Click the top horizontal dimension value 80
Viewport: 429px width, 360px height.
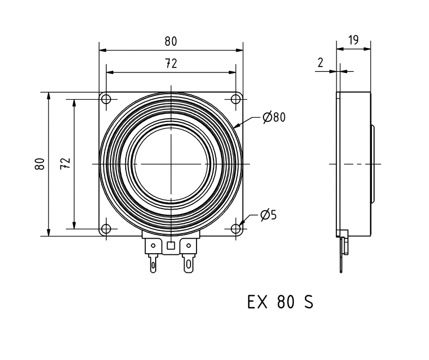(171, 41)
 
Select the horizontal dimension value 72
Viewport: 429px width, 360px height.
(171, 64)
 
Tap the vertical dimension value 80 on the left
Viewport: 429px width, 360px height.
(40, 164)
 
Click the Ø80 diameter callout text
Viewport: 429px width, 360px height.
(273, 117)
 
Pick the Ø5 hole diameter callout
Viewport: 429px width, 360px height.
(268, 215)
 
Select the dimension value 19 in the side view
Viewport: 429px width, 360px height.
(353, 40)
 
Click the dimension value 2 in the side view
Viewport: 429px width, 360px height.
(321, 63)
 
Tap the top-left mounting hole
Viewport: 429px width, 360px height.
(106, 99)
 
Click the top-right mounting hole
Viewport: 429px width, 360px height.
(236, 99)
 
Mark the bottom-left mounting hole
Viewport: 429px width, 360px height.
(106, 229)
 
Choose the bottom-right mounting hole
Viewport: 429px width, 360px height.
(236, 229)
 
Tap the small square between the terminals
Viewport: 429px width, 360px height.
(171, 246)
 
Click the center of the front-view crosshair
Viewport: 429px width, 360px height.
(171, 164)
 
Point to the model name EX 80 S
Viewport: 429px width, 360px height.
(280, 302)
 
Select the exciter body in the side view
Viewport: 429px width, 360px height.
(354, 163)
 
